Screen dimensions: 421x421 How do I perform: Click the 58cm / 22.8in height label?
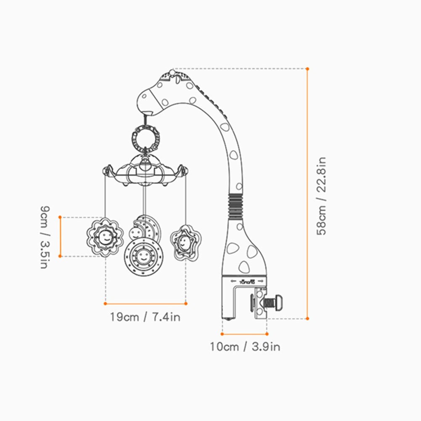pyautogui.click(x=322, y=196)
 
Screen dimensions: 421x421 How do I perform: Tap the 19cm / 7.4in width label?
pyautogui.click(x=145, y=317)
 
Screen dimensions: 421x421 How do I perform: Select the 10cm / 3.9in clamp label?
pyautogui.click(x=245, y=347)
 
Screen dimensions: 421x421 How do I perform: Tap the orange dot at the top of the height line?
pyautogui.click(x=307, y=69)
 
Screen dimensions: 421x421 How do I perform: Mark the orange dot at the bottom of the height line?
pyautogui.click(x=307, y=318)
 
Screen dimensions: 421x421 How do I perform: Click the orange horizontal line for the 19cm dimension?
pyautogui.click(x=145, y=303)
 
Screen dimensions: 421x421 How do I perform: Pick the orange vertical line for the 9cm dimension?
pyautogui.click(x=60, y=236)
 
